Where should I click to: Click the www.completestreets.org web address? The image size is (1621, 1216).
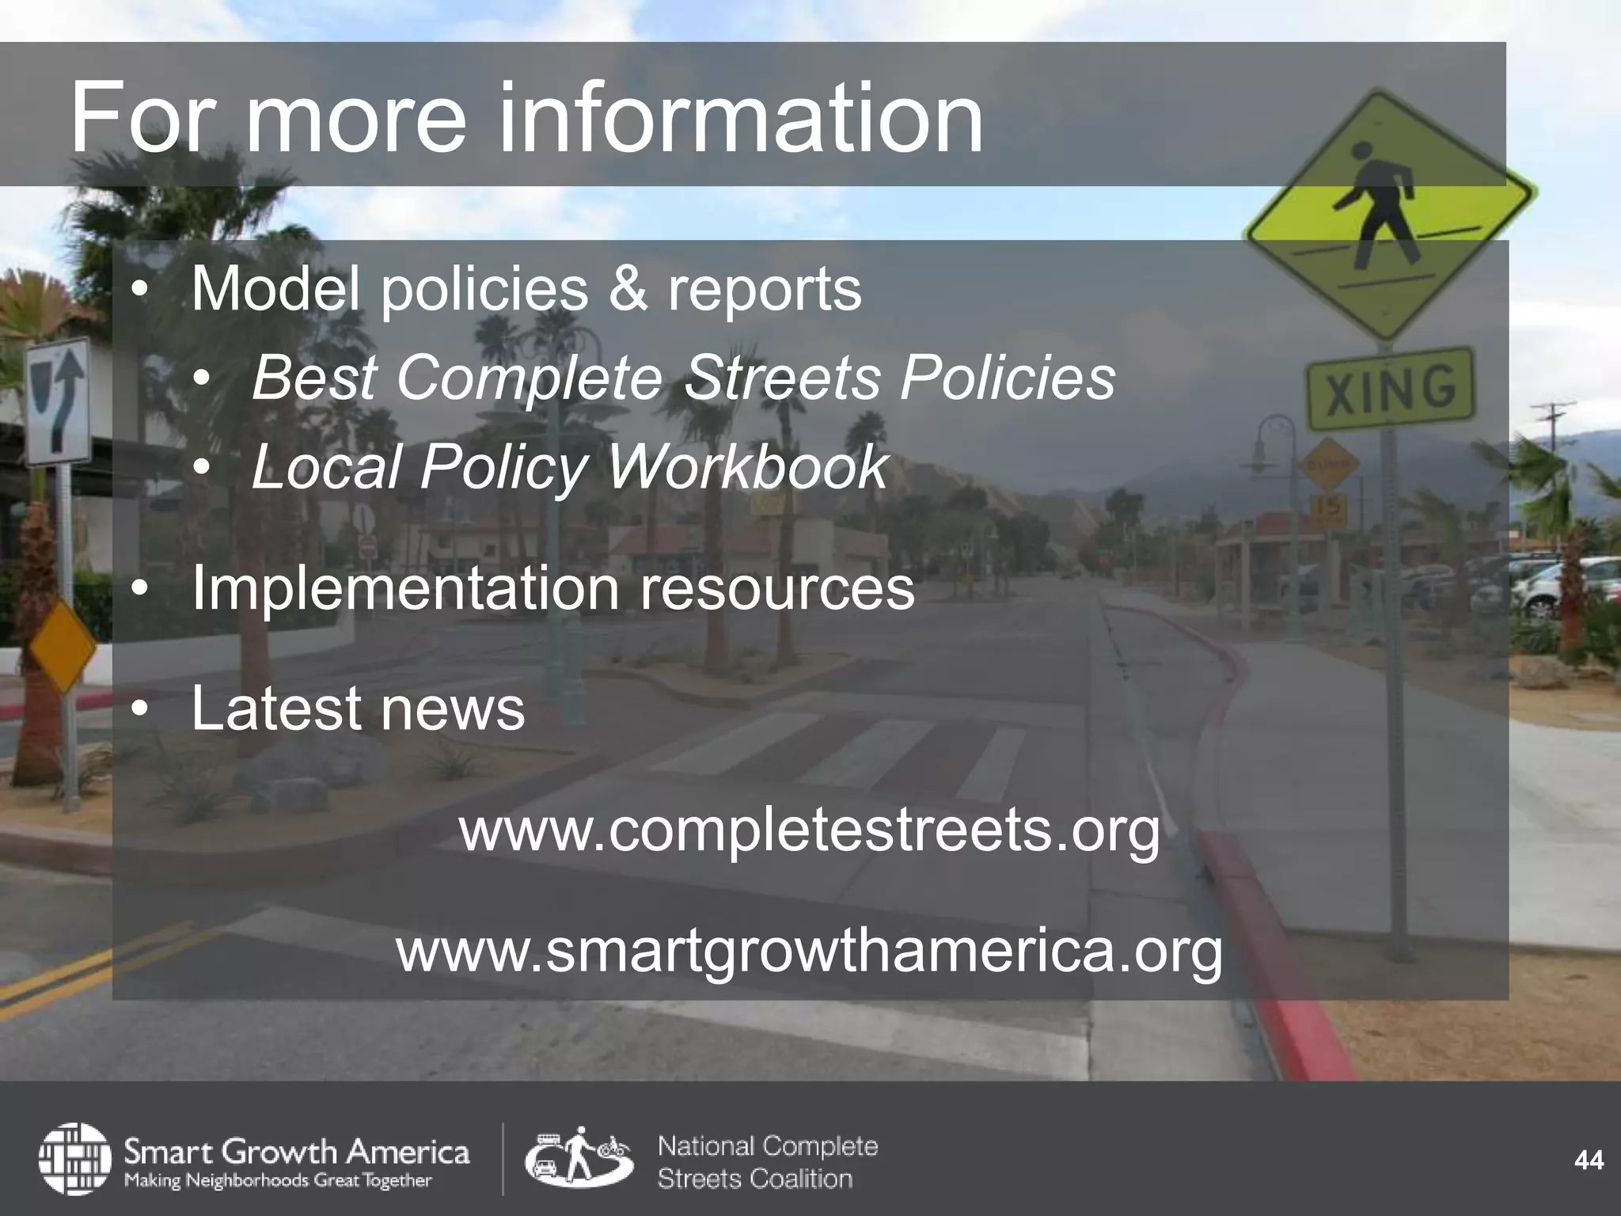click(809, 830)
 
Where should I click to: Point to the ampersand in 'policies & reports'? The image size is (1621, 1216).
click(628, 289)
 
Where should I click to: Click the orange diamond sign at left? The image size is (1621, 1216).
click(62, 646)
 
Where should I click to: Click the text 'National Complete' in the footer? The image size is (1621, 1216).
click(768, 1146)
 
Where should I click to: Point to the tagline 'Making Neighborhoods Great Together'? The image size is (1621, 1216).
click(278, 1180)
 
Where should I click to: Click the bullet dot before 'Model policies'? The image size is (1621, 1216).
click(140, 291)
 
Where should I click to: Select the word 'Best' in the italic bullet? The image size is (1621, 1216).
click(314, 378)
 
